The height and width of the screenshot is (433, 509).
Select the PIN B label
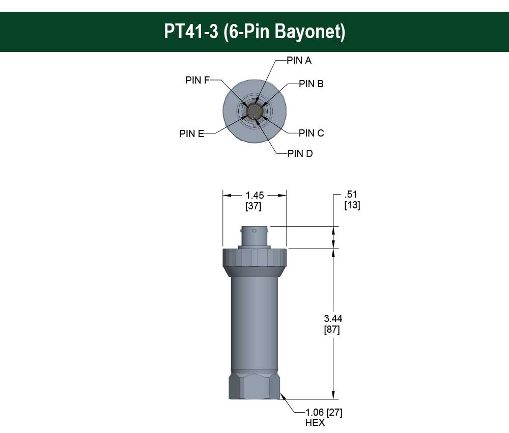tap(310, 84)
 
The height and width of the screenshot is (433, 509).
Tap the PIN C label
tap(311, 133)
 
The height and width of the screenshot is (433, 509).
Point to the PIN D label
tap(300, 154)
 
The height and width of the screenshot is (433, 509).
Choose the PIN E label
tap(192, 134)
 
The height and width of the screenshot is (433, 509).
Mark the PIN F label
tap(197, 80)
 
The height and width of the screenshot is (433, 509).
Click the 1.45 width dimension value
tap(254, 195)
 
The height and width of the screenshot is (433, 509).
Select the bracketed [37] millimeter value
tap(254, 206)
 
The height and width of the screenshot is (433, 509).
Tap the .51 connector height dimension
tap(351, 195)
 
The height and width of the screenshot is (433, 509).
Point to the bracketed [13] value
tap(352, 206)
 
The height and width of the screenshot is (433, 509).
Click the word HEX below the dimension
tap(315, 423)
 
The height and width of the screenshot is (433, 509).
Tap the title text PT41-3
tap(191, 32)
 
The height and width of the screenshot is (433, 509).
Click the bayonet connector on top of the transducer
tap(254, 237)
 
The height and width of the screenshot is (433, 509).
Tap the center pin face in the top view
tap(254, 111)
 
